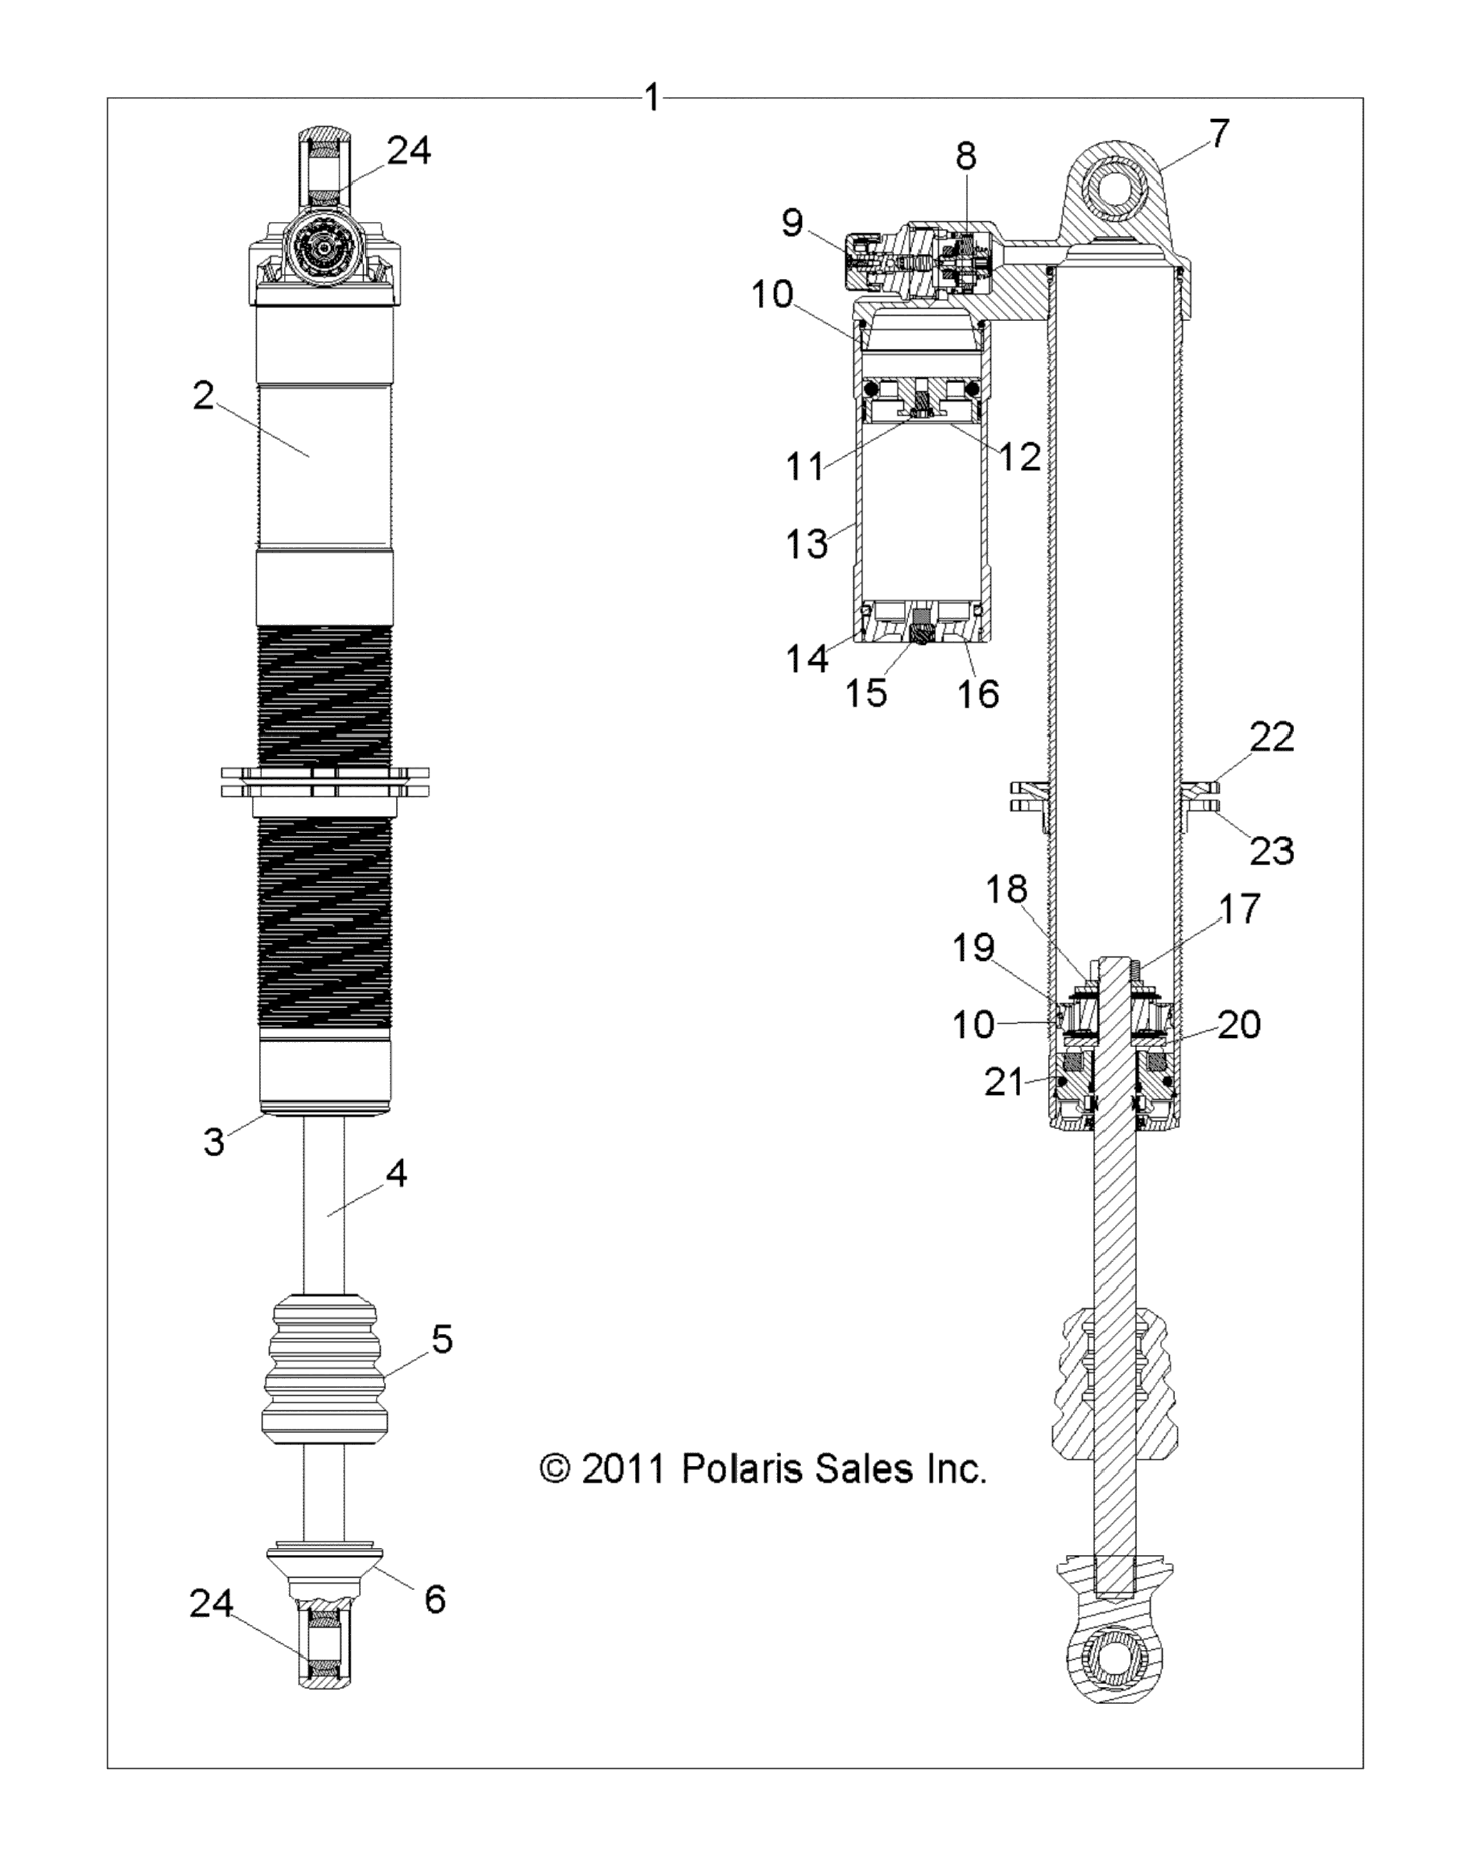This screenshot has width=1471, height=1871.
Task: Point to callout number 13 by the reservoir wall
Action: click(806, 544)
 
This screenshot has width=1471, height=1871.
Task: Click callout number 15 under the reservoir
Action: click(867, 692)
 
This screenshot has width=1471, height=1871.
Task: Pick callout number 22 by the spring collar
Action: click(1272, 738)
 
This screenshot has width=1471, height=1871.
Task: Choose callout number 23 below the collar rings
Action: click(1272, 851)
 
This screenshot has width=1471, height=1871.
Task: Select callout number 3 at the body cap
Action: click(213, 1142)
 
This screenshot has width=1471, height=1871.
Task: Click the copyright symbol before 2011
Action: click(556, 1469)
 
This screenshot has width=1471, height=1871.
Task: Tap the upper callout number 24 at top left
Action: click(409, 151)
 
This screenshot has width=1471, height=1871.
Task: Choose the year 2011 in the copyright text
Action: click(624, 1469)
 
